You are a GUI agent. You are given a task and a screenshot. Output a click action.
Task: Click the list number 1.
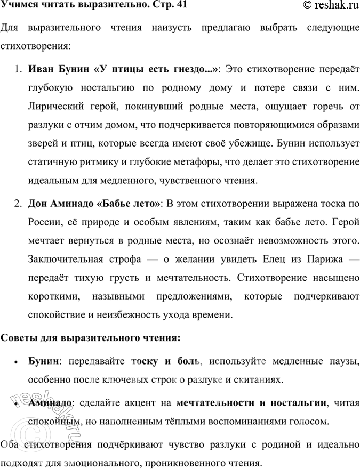[18, 69]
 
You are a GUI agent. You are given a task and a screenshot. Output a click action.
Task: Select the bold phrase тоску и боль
[167, 362]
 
